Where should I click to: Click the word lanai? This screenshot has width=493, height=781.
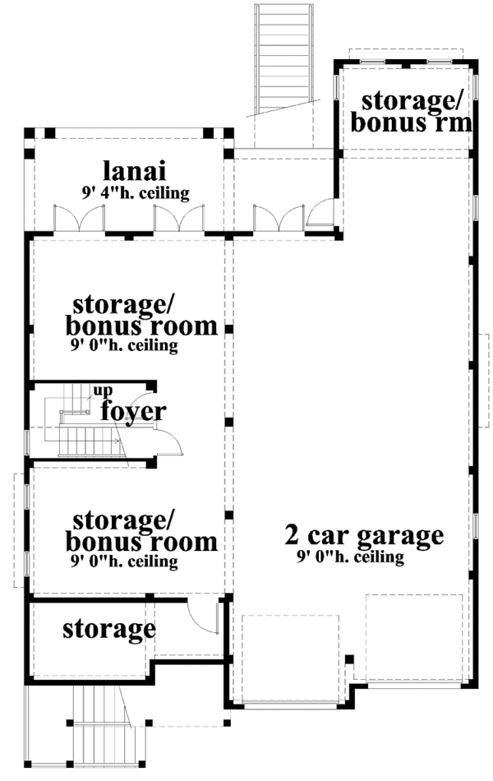(135, 172)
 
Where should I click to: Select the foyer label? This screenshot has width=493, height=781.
(134, 411)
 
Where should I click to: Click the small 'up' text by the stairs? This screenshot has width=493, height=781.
(101, 390)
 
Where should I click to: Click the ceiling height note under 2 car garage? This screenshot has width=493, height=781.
(350, 558)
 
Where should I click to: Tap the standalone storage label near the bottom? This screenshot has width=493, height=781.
(109, 629)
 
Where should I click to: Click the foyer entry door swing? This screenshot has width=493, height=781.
(171, 441)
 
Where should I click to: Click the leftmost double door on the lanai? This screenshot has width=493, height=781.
(79, 218)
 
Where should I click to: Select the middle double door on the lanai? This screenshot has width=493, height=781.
(178, 218)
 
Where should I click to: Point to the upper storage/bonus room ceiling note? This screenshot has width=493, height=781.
(125, 346)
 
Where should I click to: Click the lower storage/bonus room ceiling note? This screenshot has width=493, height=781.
(125, 563)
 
